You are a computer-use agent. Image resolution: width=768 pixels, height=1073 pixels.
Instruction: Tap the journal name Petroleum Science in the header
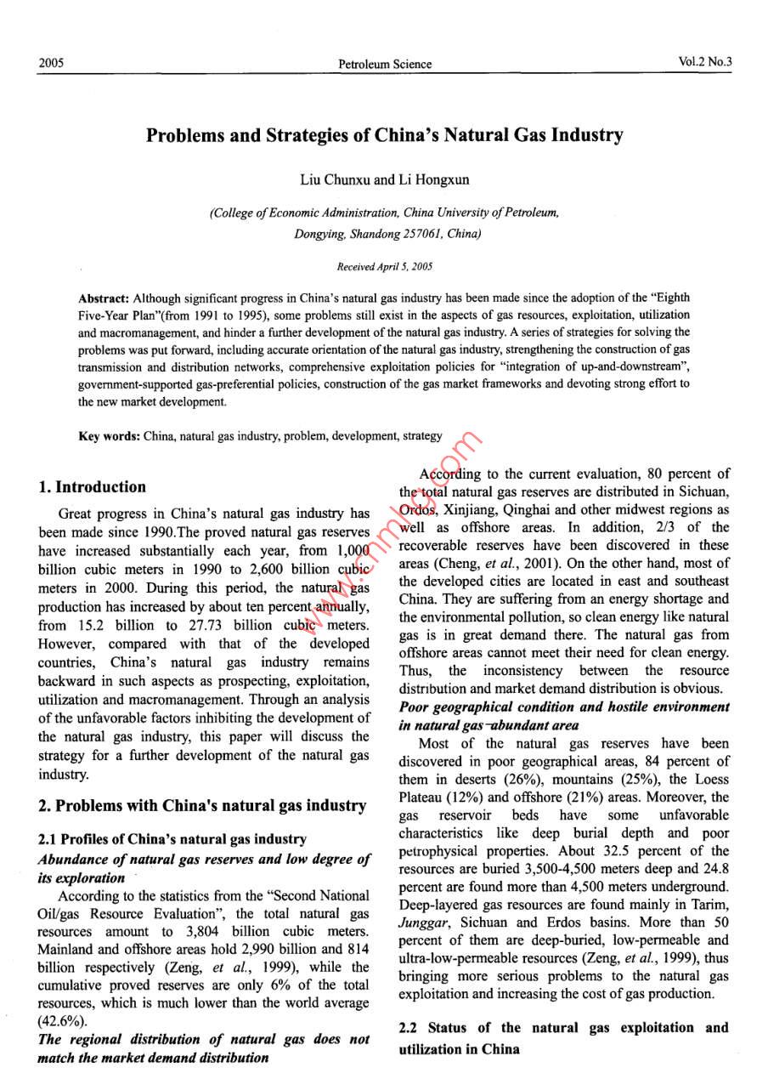click(x=384, y=64)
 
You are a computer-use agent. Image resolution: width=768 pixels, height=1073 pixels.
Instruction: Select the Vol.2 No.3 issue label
click(x=705, y=62)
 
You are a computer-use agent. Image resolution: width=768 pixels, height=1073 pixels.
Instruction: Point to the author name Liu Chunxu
click(x=335, y=180)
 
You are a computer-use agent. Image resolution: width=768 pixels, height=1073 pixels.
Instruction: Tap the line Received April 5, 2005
click(x=384, y=267)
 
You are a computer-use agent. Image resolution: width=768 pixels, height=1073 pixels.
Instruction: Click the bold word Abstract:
click(x=103, y=298)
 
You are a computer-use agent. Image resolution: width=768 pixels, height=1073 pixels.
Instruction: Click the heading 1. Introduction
click(x=92, y=487)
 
